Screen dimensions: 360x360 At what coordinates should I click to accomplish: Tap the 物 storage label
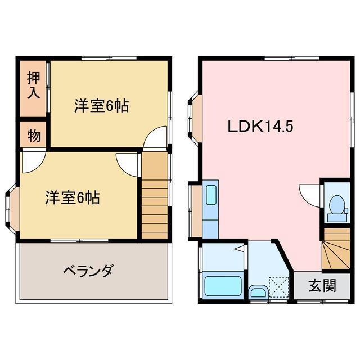[x=33, y=136]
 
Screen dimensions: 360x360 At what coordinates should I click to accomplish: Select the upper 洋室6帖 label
[x=101, y=105]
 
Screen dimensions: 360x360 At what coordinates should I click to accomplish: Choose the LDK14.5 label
[x=260, y=127]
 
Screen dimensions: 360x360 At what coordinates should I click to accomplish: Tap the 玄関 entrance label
[x=321, y=285]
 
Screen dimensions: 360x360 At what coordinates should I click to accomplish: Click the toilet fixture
[x=336, y=206]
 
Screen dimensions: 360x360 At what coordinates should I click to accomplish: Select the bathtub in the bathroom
[x=223, y=286]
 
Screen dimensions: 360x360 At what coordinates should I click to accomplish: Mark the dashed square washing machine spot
[x=277, y=286]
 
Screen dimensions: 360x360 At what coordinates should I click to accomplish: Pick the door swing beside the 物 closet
[x=31, y=159]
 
